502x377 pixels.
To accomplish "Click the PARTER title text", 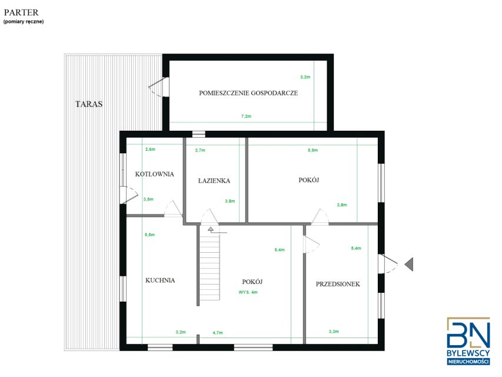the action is [21, 12].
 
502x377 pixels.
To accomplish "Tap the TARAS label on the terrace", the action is [89, 104].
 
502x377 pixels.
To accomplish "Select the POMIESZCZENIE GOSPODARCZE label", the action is [248, 93].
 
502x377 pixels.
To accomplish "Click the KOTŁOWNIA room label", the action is [155, 174].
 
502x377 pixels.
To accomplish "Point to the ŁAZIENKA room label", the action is [214, 181].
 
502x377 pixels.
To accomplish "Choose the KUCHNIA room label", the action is [160, 280].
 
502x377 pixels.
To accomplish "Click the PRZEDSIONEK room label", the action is [338, 284].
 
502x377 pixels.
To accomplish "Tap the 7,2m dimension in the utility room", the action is [246, 117].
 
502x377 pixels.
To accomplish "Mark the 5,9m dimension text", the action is [312, 150].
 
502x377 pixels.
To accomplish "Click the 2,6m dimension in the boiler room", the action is [150, 150].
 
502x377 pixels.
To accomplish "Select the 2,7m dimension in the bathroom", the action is [200, 150].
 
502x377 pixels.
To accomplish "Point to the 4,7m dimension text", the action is [218, 333].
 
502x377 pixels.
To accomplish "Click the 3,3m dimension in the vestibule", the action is [334, 332].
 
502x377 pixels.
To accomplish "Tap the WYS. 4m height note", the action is [248, 292].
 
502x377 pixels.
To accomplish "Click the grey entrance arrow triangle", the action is [409, 264].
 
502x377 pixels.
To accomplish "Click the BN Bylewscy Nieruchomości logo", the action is [468, 341].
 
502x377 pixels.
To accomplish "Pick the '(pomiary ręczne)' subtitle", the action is [24, 22].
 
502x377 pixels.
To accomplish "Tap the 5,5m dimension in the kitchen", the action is [149, 234].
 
